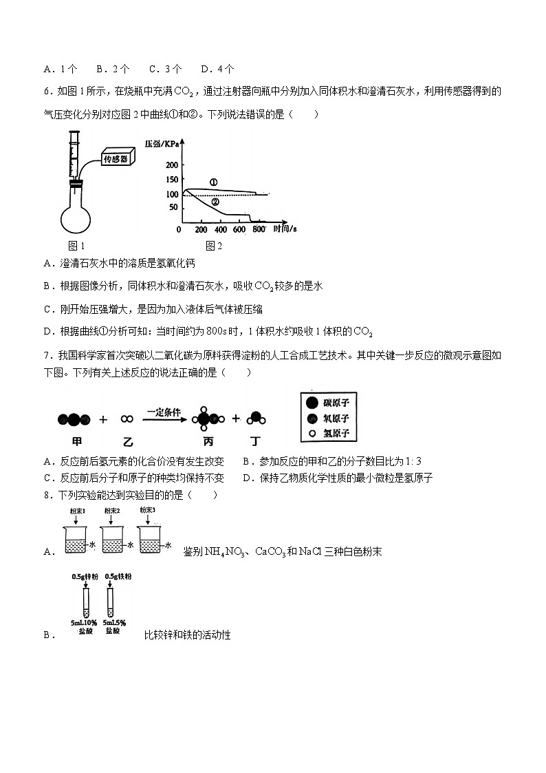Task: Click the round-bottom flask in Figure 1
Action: pos(77,215)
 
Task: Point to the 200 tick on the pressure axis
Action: pos(171,165)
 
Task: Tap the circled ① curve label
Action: pos(213,183)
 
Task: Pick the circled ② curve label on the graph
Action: pos(215,202)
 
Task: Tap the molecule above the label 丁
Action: pos(255,418)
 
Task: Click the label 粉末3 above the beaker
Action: pos(147,510)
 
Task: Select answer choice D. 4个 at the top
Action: pos(217,69)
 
